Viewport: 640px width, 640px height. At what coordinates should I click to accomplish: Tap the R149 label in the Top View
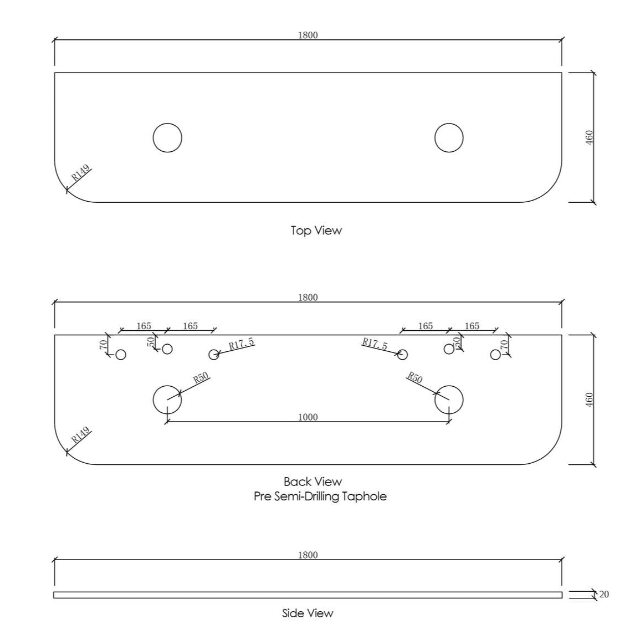pos(81,173)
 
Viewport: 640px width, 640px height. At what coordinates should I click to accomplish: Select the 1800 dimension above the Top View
pos(308,35)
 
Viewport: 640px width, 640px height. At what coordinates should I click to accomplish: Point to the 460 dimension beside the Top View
pos(589,137)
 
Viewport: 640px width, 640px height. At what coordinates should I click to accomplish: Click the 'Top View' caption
pos(316,231)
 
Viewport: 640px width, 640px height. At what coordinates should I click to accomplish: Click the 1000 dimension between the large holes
pos(308,417)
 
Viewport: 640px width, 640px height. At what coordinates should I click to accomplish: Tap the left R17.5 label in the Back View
pos(241,344)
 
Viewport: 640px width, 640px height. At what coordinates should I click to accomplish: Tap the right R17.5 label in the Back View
pos(375,344)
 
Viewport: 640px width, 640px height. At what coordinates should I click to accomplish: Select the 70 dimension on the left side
pos(104,345)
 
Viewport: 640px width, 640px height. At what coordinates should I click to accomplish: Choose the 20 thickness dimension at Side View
pos(603,594)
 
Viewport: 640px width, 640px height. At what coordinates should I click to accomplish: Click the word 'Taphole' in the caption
pos(365,496)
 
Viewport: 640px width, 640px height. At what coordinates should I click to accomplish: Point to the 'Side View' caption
pos(308,613)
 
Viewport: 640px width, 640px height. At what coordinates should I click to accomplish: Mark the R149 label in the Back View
pos(81,436)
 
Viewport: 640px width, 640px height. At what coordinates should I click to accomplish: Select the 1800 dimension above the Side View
pos(308,555)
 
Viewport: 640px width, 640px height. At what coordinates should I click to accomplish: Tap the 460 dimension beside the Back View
pos(589,400)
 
